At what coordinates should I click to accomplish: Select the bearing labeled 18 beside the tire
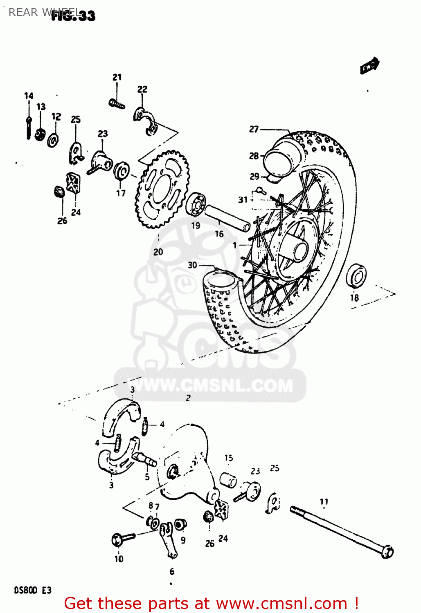coord(356,277)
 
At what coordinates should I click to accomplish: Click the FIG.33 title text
coord(74,15)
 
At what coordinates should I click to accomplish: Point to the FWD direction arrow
coord(370,66)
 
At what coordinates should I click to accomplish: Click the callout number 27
coord(254,129)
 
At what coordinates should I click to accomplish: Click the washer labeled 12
coord(53,140)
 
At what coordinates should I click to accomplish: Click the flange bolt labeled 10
coord(122,539)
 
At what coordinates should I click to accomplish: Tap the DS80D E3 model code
coord(33,590)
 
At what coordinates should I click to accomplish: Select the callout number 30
coord(192,265)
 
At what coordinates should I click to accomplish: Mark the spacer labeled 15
coord(228,480)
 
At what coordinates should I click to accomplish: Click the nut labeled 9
coord(180,524)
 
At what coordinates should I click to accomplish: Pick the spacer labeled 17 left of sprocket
coord(122,171)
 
